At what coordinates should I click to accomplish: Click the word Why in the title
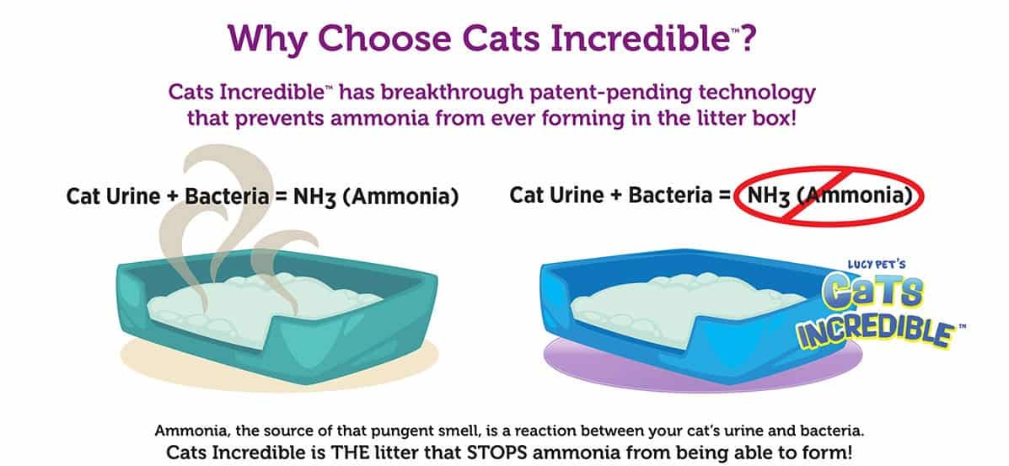266,38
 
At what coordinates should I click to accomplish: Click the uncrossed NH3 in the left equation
314,197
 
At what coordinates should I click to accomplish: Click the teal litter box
276,315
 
